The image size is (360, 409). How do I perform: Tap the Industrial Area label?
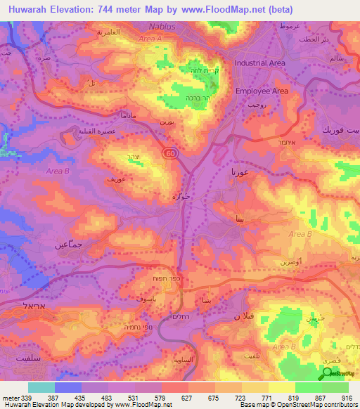260,63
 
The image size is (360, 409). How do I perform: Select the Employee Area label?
262,91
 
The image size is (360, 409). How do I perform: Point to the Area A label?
150,39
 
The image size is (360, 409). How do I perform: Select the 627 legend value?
170,398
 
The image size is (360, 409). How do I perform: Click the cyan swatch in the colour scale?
41,387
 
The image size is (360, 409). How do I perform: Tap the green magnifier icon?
326,375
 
